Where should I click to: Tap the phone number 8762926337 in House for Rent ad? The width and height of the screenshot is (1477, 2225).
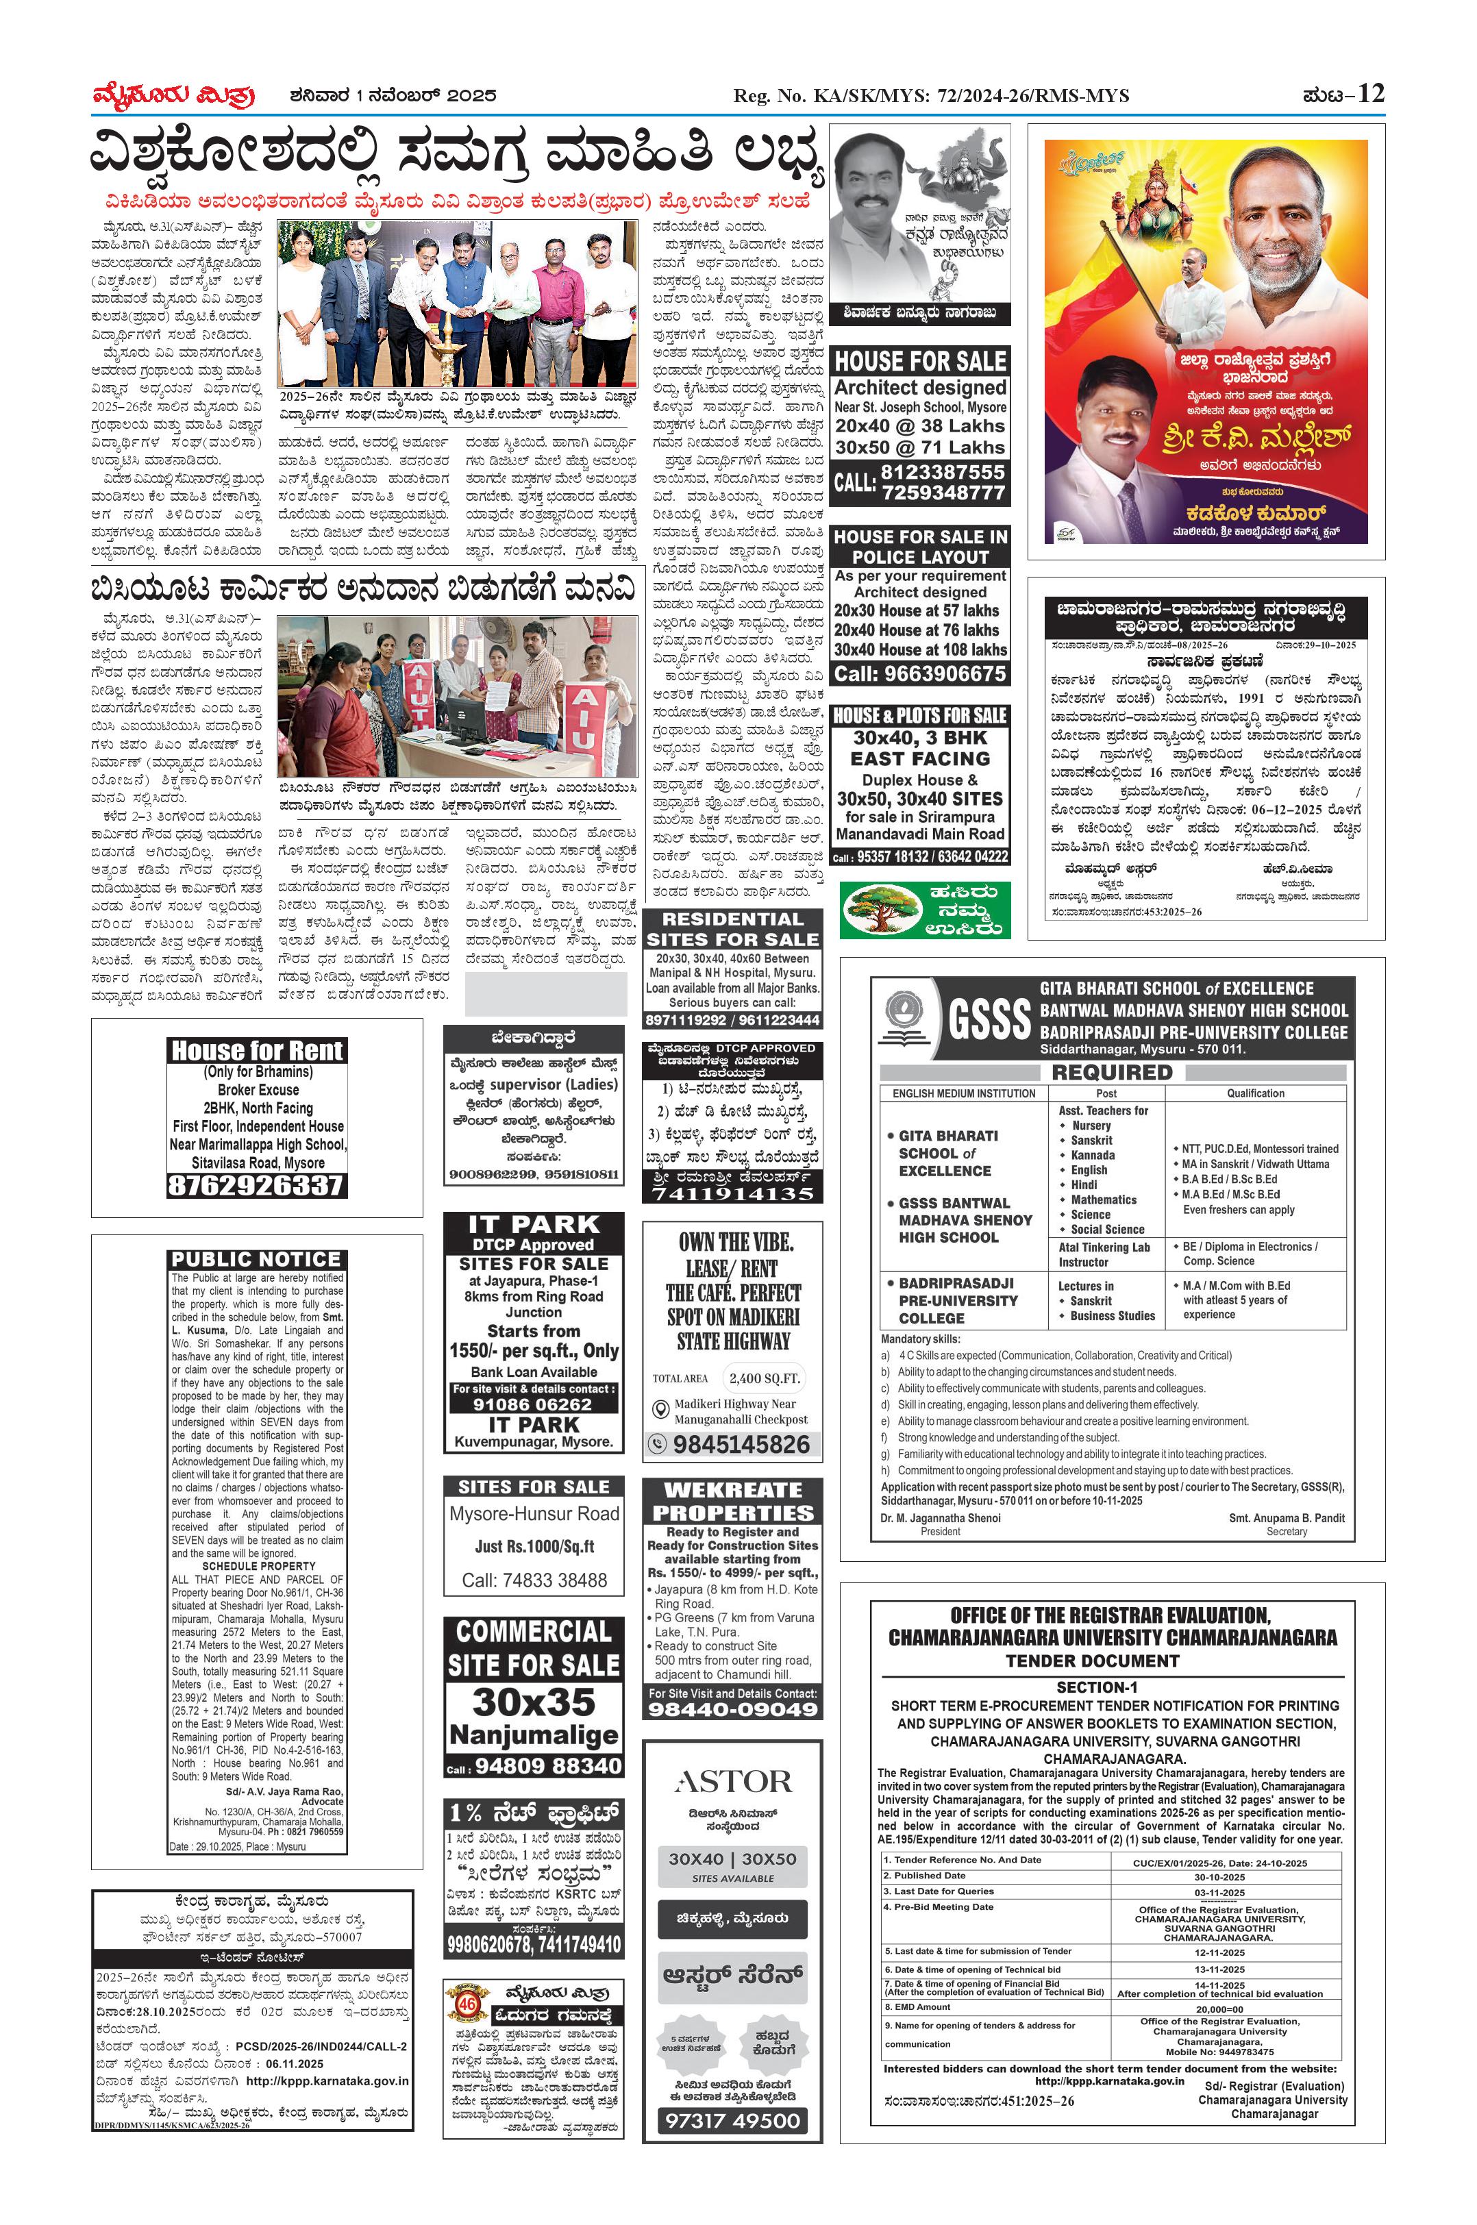pos(256,1185)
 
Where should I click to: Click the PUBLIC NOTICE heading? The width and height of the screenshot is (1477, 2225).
pos(256,1260)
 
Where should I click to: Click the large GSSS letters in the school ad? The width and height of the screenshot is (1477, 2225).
pos(989,1019)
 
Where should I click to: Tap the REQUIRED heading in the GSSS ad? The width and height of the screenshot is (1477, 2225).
pos(1111,1072)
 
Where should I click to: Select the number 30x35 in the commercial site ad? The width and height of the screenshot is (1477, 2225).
pos(534,1702)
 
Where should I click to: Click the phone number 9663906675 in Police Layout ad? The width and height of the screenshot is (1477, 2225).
pos(920,673)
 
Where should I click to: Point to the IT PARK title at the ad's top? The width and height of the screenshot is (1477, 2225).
pos(534,1225)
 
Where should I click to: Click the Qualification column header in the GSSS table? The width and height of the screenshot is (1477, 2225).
pos(1255,1093)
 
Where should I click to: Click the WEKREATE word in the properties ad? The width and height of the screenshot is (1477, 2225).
pos(733,1490)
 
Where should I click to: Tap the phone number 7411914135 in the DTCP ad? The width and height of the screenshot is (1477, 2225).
pos(733,1193)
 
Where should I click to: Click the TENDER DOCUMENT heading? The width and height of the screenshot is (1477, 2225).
pos(1092,1661)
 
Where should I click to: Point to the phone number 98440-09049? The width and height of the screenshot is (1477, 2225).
pos(733,1710)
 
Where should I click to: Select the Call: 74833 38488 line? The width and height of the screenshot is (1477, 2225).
pos(534,1580)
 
